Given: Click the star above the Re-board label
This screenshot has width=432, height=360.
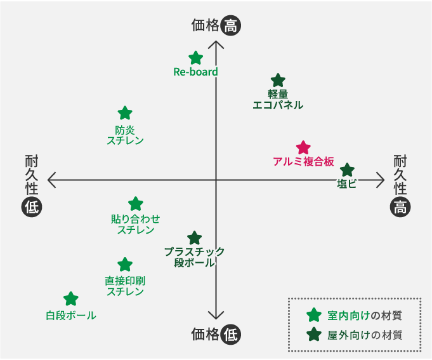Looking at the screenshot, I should pos(196,58).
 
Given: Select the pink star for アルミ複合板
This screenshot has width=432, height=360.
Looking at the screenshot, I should pos(303,148).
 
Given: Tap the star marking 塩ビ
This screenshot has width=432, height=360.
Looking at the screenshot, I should pos(347,170).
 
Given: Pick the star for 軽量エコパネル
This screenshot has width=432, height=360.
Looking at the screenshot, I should pos(278,81).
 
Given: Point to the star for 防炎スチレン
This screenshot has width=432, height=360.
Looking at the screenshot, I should pos(125,114).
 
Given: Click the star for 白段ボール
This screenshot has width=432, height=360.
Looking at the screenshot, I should pos(71,299).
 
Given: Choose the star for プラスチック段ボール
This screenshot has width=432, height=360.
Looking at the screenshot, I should pos(195,238).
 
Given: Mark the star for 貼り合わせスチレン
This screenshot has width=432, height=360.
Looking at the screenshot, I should pos(136,204).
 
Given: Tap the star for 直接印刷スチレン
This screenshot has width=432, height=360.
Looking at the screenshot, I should pos(125,265).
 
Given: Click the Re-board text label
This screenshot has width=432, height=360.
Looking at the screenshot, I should pos(195,72).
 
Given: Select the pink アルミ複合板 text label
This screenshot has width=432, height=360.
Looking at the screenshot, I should pos(303,161).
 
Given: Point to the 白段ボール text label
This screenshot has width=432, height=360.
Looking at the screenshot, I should pos(71,315).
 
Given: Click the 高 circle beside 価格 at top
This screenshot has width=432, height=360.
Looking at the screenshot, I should pos(232,26).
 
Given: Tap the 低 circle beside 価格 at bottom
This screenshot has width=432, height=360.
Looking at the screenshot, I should pos(232,335).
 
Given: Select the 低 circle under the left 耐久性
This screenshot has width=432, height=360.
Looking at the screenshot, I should pos(31,206).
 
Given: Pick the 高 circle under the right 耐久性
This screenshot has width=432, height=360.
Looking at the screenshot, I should pos(400,206).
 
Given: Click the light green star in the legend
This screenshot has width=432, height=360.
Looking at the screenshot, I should pos(313,315).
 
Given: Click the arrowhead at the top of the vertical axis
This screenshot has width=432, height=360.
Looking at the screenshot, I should pos(216,44).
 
